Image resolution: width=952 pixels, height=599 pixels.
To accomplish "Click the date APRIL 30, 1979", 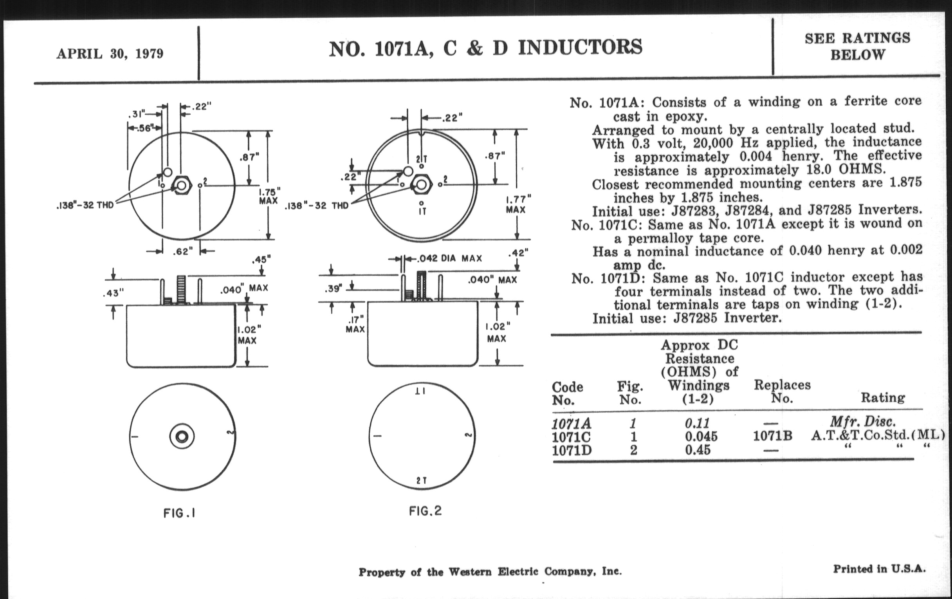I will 110,53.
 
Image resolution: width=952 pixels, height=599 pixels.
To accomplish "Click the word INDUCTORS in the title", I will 580,47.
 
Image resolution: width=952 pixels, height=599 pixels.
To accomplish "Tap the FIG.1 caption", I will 180,513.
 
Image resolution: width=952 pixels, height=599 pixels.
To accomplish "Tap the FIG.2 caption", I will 425,511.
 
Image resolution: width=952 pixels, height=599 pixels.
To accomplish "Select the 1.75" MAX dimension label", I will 269,196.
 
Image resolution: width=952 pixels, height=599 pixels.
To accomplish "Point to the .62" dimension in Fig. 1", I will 182,251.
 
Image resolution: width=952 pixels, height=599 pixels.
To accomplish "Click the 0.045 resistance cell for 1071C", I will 701,436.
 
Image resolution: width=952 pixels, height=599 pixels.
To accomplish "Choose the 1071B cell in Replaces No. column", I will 772,436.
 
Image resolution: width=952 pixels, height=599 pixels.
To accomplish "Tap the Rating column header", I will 883,397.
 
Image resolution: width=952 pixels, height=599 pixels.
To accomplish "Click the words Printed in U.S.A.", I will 879,569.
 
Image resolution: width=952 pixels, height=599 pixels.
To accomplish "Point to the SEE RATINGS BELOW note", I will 857,46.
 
